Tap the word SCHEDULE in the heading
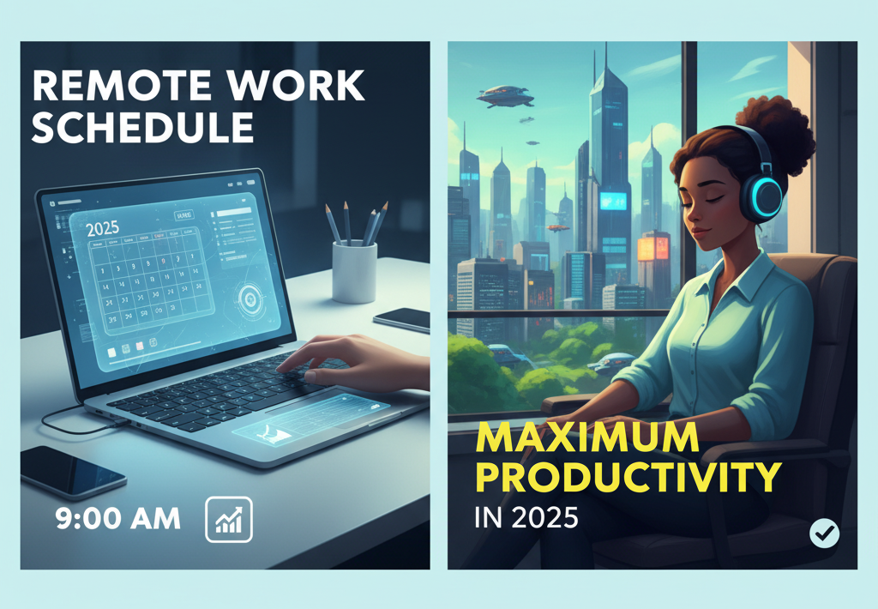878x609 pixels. point(142,128)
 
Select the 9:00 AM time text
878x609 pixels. point(117,518)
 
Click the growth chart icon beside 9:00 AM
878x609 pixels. point(229,519)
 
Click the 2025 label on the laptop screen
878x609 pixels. point(102,229)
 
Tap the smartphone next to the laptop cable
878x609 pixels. point(72,471)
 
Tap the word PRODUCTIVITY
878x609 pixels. point(628,477)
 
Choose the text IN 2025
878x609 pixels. point(526,518)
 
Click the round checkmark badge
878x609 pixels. point(824,534)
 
